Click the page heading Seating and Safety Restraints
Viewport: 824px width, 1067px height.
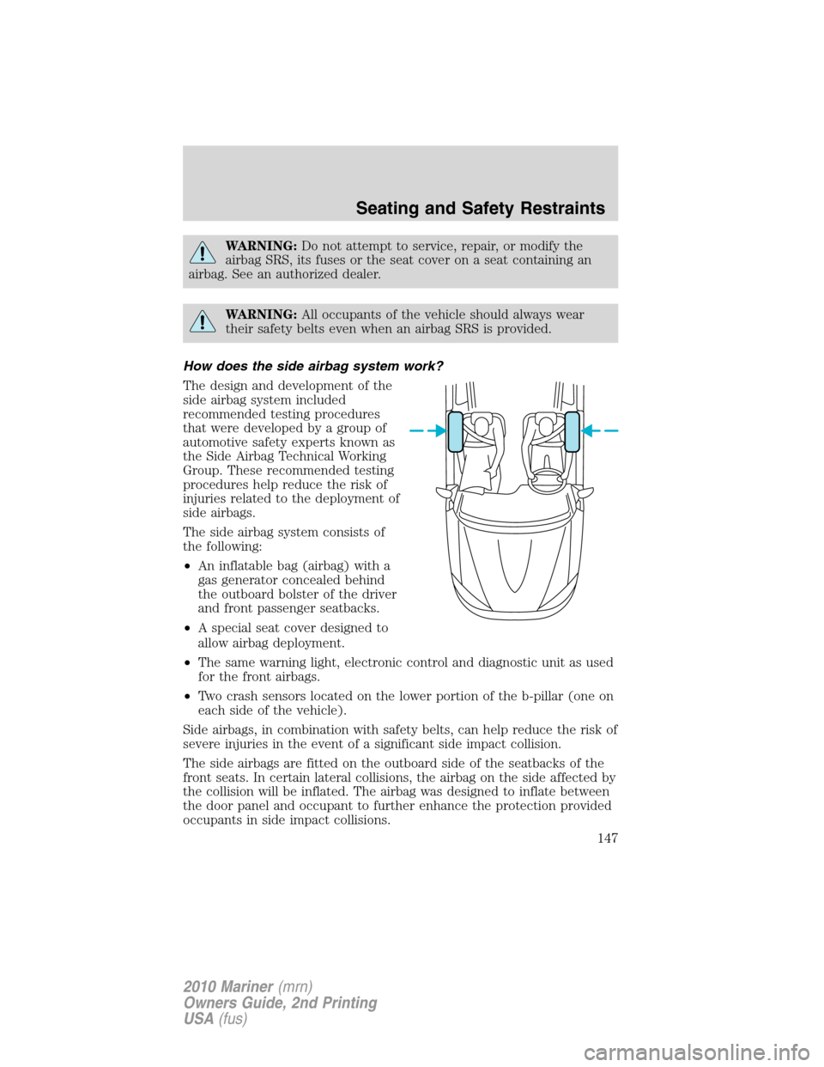point(480,208)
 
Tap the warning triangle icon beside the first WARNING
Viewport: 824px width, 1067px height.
point(203,253)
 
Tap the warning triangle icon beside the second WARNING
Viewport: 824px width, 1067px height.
point(203,322)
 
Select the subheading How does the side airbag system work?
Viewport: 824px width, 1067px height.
point(313,366)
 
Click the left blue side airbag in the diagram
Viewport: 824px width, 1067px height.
point(456,431)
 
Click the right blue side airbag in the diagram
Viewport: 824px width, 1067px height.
point(573,431)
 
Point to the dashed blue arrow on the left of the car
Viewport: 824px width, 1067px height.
point(427,430)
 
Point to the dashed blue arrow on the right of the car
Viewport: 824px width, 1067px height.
point(601,430)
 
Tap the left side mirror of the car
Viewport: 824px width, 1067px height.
point(446,494)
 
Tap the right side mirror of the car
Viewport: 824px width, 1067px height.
point(585,494)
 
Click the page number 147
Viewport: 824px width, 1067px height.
point(607,838)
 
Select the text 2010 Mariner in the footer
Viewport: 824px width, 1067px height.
point(227,986)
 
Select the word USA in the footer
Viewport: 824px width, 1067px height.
point(198,1019)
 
